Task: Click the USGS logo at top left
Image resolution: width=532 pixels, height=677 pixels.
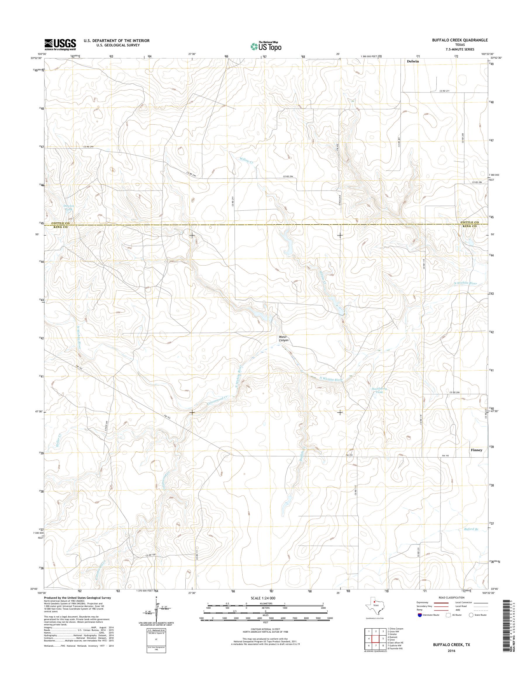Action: click(60, 44)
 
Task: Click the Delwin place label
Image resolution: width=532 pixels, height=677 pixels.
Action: click(413, 61)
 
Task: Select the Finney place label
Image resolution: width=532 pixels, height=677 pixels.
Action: click(476, 450)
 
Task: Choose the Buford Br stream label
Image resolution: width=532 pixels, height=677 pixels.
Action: click(470, 529)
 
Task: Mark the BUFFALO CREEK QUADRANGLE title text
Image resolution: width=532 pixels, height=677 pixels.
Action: click(460, 40)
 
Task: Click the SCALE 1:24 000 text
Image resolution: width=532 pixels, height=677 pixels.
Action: click(263, 598)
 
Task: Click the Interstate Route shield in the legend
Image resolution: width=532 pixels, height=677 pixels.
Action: click(419, 615)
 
